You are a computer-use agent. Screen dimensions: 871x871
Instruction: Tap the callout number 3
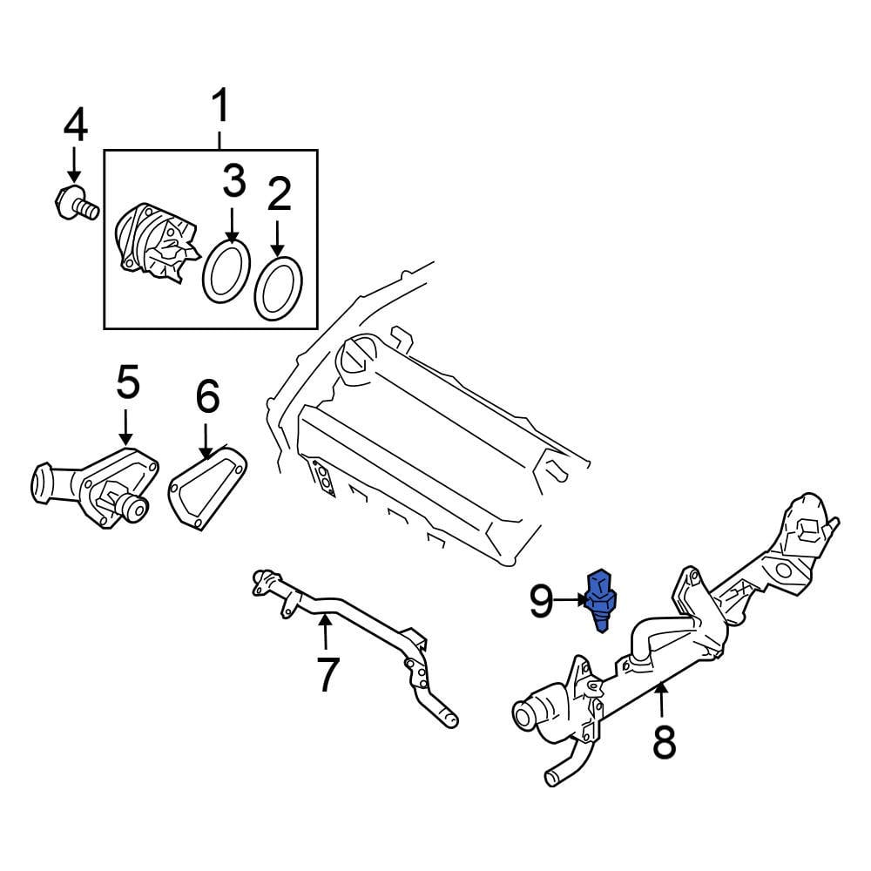pyautogui.click(x=233, y=182)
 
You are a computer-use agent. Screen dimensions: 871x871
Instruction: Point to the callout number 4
pyautogui.click(x=75, y=127)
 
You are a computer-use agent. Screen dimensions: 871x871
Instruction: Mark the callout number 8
pyautogui.click(x=664, y=742)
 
